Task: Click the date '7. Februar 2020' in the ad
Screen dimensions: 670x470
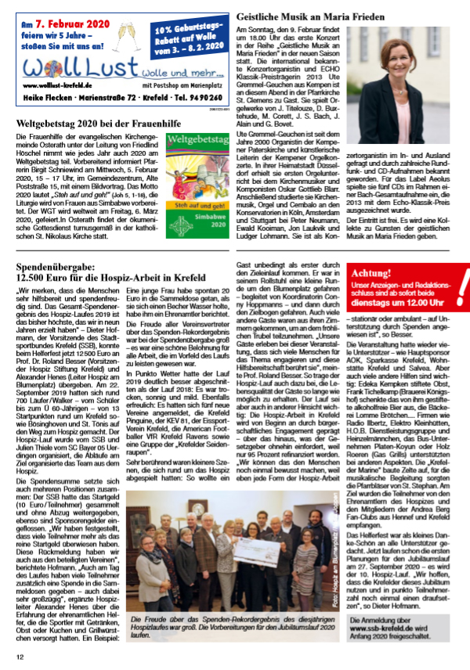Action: coord(71,26)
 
